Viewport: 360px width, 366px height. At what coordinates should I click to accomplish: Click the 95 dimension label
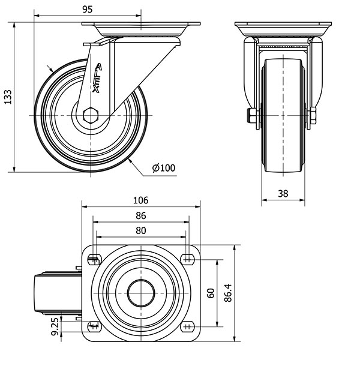87,9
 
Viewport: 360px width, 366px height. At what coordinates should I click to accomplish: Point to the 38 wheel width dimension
283,193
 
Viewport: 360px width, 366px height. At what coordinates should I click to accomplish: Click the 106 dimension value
140,200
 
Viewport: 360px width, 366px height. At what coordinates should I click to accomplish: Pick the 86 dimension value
140,215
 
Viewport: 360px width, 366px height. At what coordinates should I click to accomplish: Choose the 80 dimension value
140,230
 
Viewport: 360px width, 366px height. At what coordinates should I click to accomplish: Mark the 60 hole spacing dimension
211,293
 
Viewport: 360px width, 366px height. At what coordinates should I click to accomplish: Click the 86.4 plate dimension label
229,293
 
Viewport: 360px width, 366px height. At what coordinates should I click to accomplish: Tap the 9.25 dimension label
55,328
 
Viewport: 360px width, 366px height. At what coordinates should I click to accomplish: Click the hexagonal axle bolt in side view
91,115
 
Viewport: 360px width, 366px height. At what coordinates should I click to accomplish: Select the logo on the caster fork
100,77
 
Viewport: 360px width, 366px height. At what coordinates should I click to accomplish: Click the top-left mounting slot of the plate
94,259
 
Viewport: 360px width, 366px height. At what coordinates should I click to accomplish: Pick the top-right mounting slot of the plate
188,259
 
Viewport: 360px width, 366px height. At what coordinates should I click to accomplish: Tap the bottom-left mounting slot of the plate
94,326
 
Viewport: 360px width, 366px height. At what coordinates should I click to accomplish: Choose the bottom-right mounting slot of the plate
188,326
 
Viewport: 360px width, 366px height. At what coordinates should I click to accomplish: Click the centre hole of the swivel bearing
140,293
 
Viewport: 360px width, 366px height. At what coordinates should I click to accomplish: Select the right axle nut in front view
313,116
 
